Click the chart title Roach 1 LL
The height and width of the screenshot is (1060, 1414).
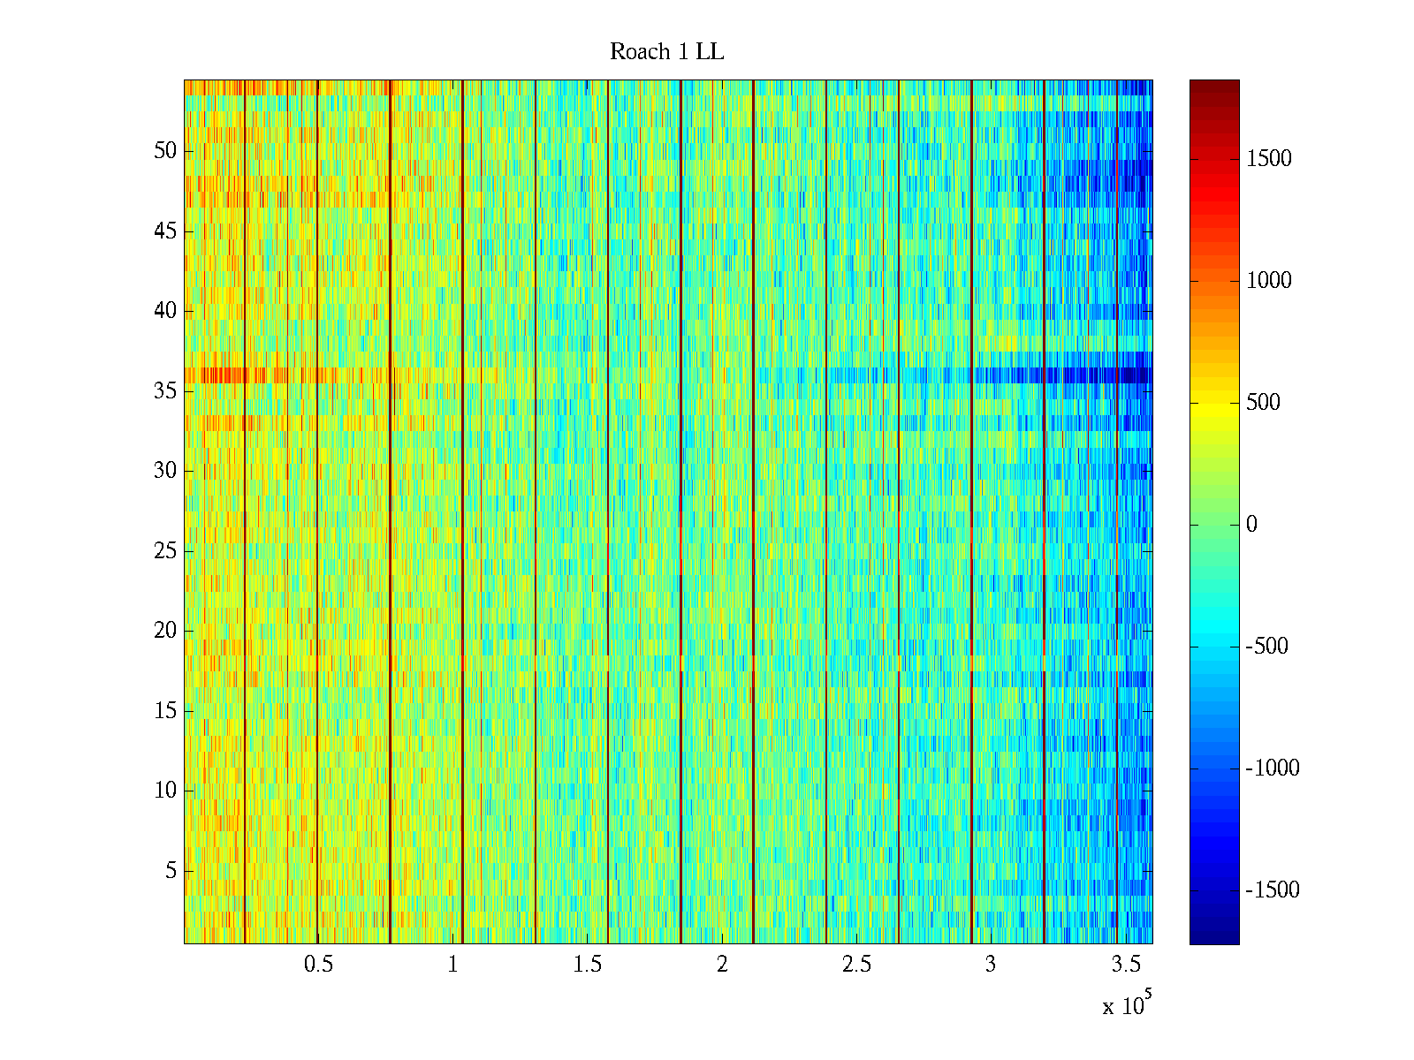[x=666, y=52]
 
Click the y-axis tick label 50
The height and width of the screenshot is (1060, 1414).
[x=165, y=151]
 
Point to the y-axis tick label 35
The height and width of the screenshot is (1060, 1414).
[x=165, y=390]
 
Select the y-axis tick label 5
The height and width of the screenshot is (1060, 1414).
[x=171, y=871]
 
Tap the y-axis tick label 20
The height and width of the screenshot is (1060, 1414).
[x=165, y=631]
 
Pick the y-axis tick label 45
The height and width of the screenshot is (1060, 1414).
[x=165, y=231]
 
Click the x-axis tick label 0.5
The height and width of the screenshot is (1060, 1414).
[x=318, y=965]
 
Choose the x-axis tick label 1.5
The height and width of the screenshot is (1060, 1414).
[x=587, y=965]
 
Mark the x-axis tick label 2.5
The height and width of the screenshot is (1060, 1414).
[x=856, y=965]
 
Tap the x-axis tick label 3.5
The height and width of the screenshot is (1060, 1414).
[x=1125, y=965]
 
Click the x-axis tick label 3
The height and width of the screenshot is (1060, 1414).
[x=990, y=965]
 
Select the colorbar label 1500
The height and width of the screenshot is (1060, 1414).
[x=1268, y=159]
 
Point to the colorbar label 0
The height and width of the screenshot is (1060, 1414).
[x=1251, y=525]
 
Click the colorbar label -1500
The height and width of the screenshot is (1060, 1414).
[x=1273, y=890]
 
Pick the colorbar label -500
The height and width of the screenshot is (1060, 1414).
[x=1266, y=647]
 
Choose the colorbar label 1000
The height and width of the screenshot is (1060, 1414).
[x=1268, y=281]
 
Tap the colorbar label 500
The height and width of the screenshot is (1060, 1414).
[x=1263, y=403]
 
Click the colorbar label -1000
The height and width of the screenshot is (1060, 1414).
[x=1273, y=768]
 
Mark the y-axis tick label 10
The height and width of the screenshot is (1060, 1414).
[x=165, y=791]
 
